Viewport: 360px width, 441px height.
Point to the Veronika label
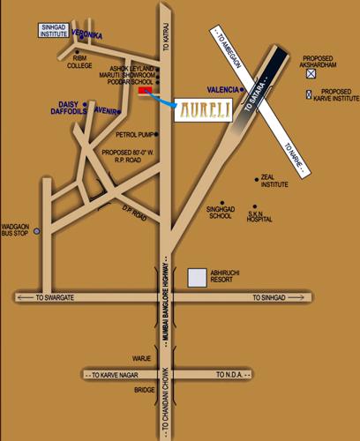click(88, 34)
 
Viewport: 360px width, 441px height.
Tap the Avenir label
click(107, 111)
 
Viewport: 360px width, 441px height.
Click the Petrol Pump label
click(133, 135)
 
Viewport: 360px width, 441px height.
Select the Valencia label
click(222, 89)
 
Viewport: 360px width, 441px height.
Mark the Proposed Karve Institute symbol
click(309, 93)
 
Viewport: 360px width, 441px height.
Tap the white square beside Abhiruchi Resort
click(197, 278)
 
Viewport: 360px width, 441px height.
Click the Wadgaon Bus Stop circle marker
click(36, 232)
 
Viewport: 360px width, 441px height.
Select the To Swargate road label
click(55, 298)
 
